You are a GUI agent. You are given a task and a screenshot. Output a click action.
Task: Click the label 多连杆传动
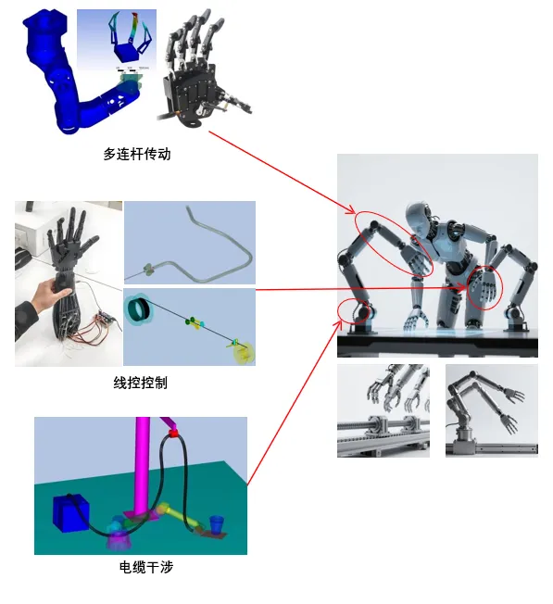point(137,154)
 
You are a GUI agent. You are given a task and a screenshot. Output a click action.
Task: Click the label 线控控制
point(140,383)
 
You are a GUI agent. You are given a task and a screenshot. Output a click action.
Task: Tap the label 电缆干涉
point(146,567)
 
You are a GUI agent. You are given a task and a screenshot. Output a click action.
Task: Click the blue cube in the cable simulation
point(70,513)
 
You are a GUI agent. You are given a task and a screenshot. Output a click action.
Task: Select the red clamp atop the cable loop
point(174,433)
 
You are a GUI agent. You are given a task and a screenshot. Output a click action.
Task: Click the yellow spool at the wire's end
point(245,353)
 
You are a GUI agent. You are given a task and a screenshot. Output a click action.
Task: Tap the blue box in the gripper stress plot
point(125,53)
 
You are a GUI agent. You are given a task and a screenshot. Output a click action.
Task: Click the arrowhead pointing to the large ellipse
point(351,210)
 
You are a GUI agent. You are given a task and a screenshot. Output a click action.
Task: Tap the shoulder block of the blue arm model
point(45,26)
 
